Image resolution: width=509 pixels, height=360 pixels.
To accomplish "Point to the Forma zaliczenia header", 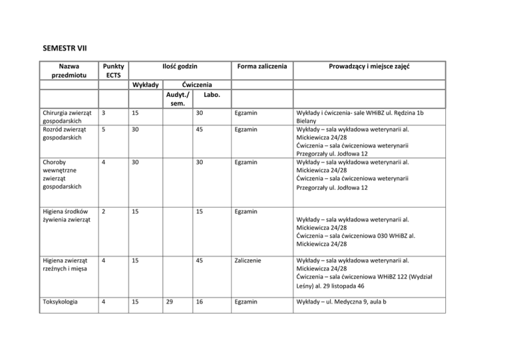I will click(264, 67).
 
